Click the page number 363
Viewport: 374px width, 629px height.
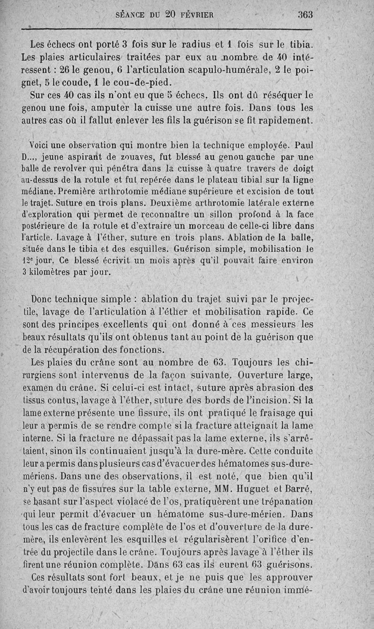305,15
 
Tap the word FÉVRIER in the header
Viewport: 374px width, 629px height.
195,15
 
